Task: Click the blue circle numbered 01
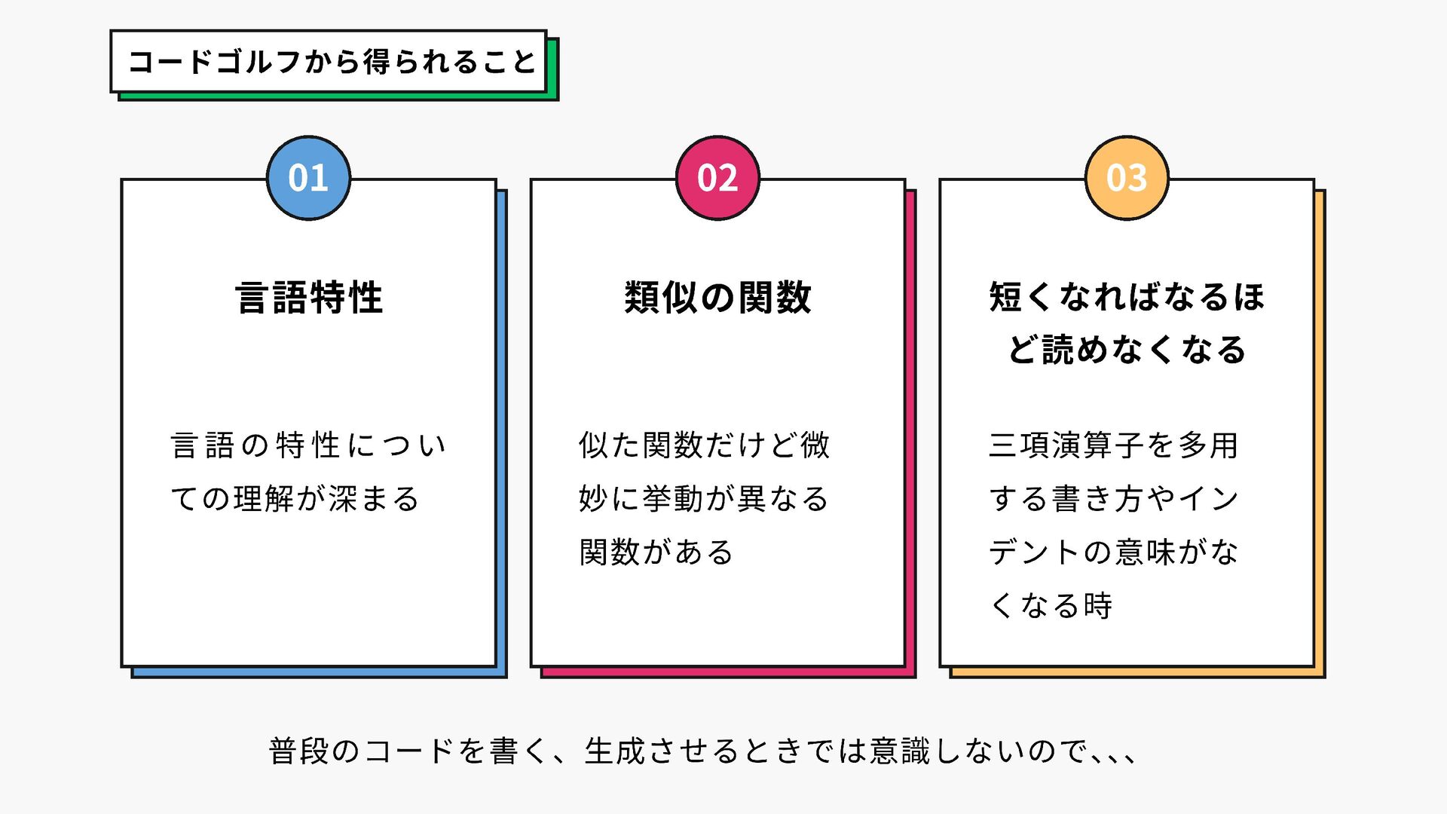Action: point(308,178)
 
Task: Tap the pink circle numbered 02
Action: point(717,178)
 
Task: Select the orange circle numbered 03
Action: point(1127,178)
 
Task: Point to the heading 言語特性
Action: point(309,297)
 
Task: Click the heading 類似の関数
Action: point(717,297)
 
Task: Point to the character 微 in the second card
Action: point(815,445)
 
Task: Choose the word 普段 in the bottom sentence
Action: point(298,751)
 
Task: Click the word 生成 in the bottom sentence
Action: point(614,751)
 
